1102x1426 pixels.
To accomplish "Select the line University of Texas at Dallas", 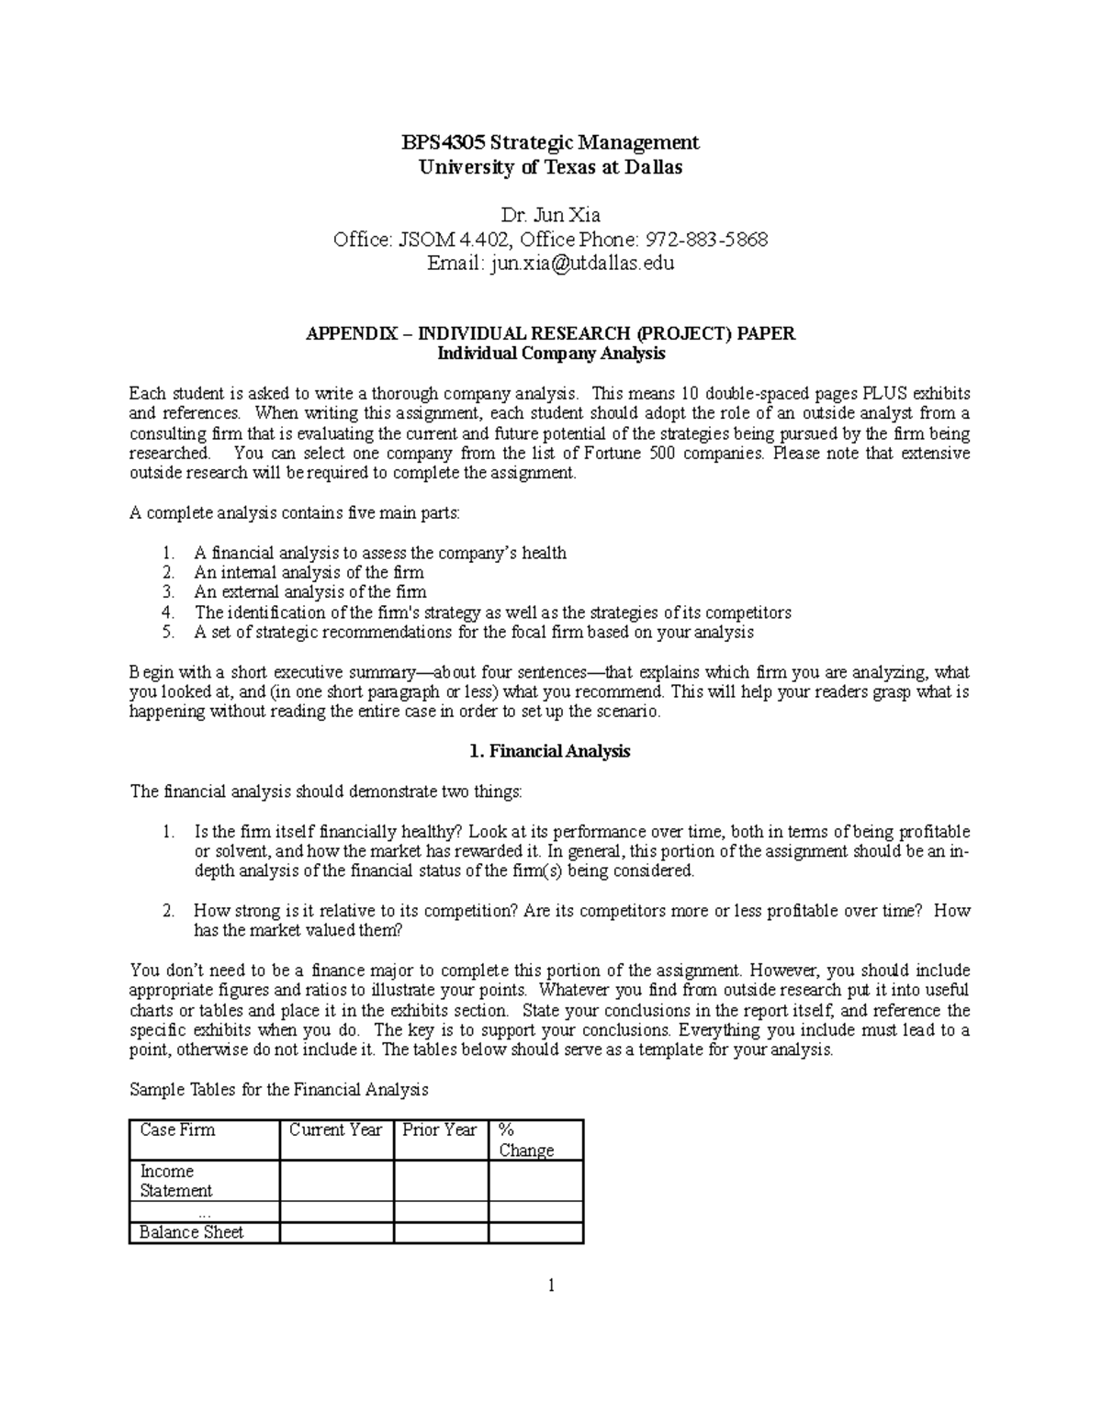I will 550,167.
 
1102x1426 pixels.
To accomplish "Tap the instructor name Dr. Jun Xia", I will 550,216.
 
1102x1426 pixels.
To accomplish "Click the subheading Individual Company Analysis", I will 550,354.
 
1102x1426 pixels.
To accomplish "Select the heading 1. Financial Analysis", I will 549,751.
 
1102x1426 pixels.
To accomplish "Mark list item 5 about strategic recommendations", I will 473,632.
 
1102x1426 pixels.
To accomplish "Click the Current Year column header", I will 335,1130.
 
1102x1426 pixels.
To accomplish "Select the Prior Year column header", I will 439,1130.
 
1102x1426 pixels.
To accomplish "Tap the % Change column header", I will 525,1140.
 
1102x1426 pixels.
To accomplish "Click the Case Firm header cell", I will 177,1130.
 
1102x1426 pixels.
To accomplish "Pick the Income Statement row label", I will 175,1181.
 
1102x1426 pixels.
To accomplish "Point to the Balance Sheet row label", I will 191,1232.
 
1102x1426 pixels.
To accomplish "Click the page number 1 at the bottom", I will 550,1286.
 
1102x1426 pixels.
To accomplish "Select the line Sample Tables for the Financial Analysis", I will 279,1090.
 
